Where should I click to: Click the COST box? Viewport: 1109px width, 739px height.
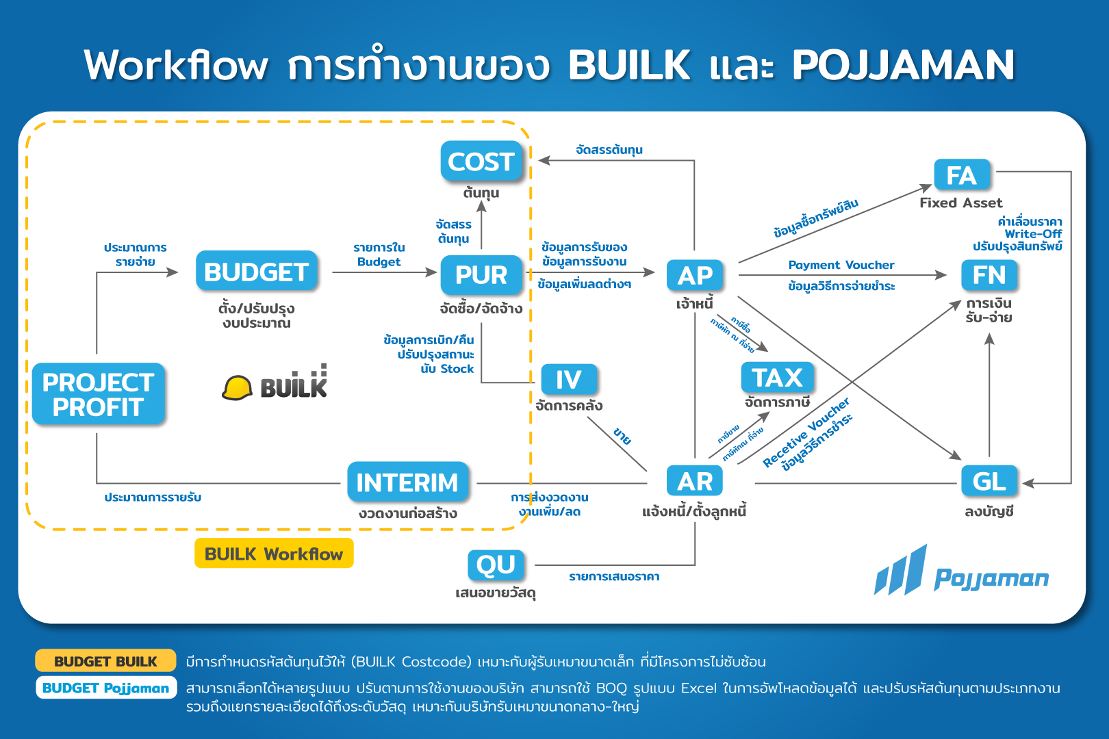point(481,161)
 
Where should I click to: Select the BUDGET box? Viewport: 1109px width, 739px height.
point(256,272)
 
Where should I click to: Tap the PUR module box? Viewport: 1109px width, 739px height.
point(481,274)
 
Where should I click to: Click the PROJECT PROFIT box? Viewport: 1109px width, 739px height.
point(99,394)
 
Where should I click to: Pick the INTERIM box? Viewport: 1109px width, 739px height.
point(407,482)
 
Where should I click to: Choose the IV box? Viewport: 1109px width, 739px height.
point(569,379)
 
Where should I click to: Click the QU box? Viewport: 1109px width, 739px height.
point(496,565)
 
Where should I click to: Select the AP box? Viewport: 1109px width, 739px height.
point(695,275)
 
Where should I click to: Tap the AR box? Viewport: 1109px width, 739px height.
point(695,482)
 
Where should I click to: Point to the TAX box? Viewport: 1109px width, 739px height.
point(777,378)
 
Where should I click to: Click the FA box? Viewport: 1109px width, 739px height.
point(961,175)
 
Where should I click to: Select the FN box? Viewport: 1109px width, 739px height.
point(989,275)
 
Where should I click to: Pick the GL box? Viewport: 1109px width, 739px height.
point(989,481)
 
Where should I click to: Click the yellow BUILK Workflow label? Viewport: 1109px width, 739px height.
point(274,554)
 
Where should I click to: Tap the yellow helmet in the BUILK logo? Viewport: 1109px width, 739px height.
point(237,388)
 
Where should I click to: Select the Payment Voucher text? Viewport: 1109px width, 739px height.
point(841,265)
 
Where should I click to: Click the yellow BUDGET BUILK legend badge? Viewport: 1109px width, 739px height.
point(105,661)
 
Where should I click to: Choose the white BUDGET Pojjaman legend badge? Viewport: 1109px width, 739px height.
point(105,688)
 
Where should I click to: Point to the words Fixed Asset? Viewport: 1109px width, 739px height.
point(960,203)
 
